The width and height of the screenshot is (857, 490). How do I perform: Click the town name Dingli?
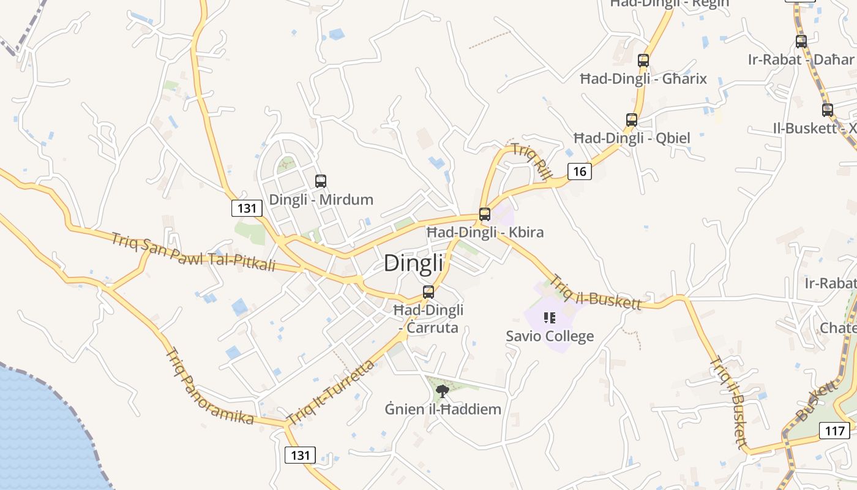point(413,263)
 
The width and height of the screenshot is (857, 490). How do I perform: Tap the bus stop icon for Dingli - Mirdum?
point(321,181)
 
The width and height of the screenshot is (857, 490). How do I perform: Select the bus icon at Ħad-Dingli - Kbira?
point(485,214)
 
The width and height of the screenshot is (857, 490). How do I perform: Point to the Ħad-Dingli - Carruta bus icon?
point(428,292)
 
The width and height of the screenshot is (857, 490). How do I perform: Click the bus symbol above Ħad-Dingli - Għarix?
point(643,61)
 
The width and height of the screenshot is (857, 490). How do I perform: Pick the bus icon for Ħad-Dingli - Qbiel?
point(632,120)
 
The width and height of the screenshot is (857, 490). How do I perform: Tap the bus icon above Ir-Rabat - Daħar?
point(801,42)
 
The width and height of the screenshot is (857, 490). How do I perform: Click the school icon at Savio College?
point(549,317)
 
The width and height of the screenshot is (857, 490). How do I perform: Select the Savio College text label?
point(550,336)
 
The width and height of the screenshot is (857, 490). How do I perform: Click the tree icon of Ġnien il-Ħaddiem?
point(443,391)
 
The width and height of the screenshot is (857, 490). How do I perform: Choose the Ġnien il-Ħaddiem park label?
point(443,409)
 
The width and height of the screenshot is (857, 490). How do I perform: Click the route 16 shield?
point(580,171)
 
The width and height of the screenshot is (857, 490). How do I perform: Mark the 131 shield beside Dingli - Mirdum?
point(247,208)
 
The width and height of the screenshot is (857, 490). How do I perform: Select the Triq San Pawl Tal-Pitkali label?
point(193,252)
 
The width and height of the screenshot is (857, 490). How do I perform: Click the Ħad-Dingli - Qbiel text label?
point(632,138)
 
